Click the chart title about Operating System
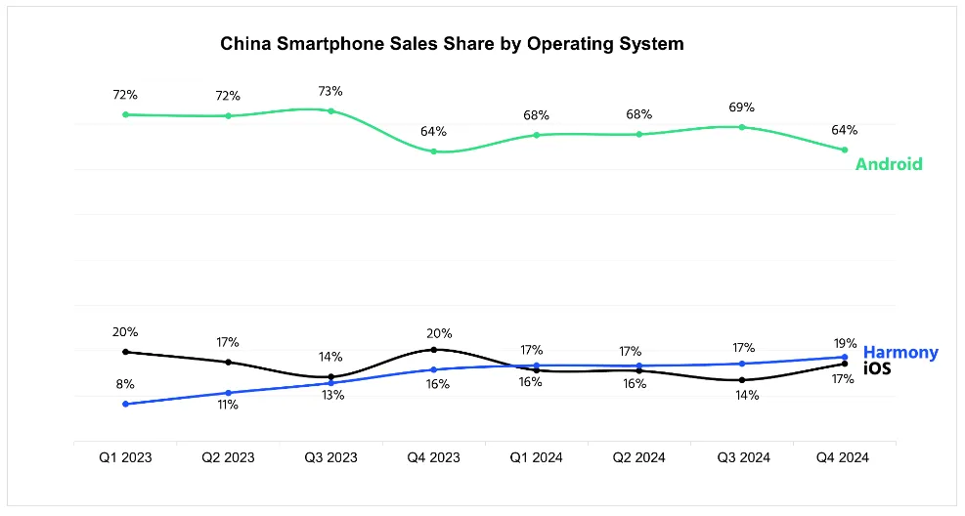[x=452, y=44]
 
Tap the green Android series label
[x=888, y=164]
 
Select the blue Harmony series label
[x=900, y=352]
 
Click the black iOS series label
[x=877, y=368]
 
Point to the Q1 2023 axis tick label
[x=125, y=457]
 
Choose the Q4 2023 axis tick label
[x=433, y=457]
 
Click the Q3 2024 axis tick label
[x=742, y=457]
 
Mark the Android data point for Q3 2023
[x=330, y=111]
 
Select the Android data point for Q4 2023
[x=433, y=151]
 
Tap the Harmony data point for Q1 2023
[x=125, y=404]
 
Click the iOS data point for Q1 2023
[x=125, y=352]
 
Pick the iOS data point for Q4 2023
[x=433, y=349]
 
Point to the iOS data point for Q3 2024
[x=742, y=380]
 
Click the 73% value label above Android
[x=330, y=91]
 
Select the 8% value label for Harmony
[x=125, y=384]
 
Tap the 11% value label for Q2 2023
[x=228, y=405]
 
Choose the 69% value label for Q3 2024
[x=742, y=107]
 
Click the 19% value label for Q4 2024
[x=846, y=343]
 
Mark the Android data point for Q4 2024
[x=845, y=150]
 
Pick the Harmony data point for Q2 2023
[x=228, y=393]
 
